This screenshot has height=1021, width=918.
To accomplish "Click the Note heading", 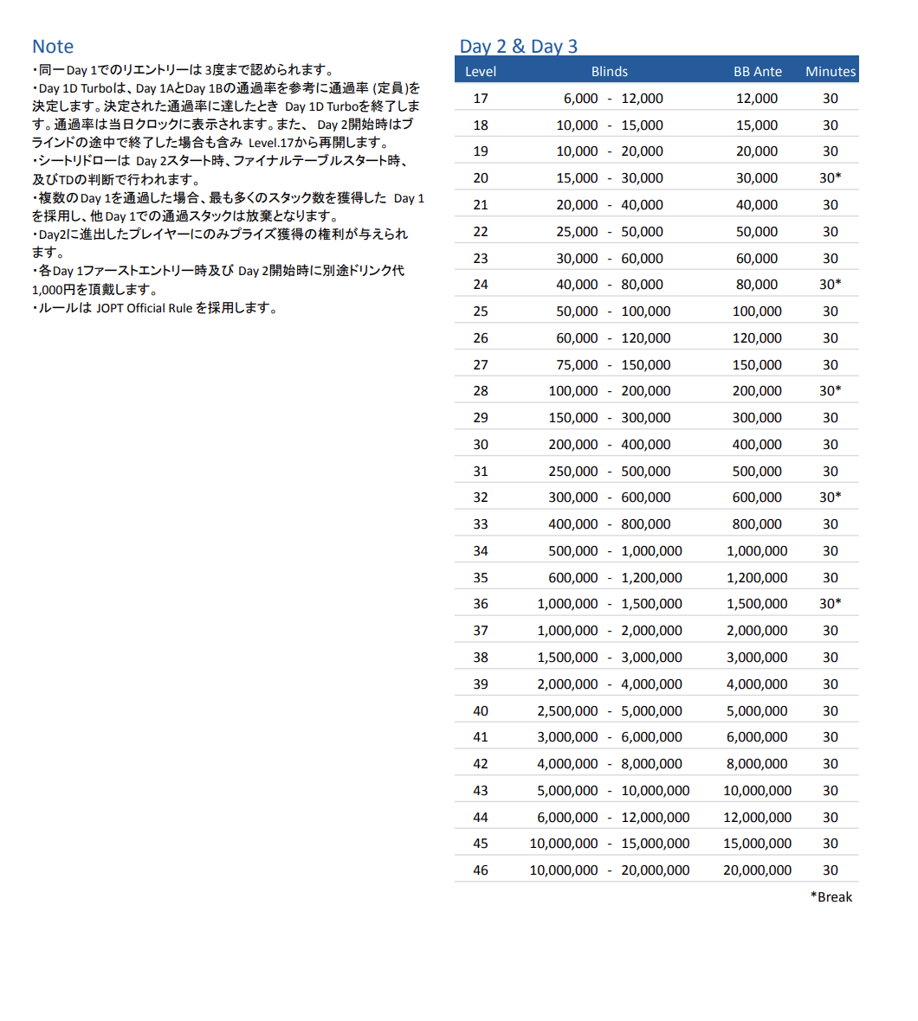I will coord(53,47).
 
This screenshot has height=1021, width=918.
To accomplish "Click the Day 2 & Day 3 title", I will coord(518,47).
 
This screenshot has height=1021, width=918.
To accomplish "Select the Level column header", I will coord(481,72).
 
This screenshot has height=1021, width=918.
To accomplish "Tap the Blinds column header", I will coord(610,72).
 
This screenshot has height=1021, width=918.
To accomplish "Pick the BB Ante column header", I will coord(758,72).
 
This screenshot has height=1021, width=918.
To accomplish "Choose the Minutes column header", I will coord(831,72).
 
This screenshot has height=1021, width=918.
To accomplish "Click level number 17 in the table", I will coord(481,99).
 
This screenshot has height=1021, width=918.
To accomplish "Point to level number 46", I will coord(481,870).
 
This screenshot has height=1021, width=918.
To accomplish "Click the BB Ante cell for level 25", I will coord(757,311).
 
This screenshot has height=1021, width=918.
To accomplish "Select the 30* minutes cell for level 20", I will coord(831,178).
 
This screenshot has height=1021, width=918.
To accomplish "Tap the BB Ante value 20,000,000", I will coord(757,870).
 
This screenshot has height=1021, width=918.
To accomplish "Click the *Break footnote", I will coord(831,897).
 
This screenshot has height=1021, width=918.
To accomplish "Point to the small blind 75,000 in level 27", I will coord(572,365).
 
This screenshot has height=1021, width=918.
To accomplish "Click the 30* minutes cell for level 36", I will coord(831,604).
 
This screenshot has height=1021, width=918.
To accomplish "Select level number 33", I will coord(481,524).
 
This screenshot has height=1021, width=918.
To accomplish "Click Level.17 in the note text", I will coord(271,143).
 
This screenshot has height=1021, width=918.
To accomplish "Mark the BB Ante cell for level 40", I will coord(757,711).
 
